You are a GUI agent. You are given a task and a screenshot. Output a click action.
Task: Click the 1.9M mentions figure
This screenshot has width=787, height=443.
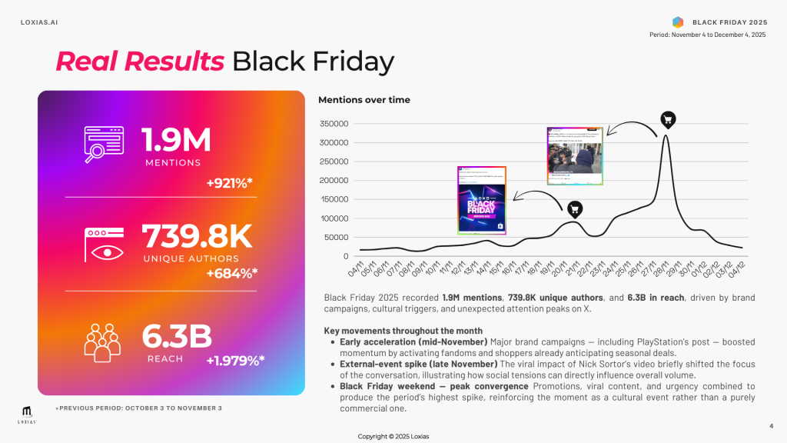176,139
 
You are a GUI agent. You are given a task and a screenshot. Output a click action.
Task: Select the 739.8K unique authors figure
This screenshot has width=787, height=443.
198,236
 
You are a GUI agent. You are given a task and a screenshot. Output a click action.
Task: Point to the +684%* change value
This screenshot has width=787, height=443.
231,272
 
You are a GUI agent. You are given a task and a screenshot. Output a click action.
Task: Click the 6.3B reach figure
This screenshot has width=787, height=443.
177,336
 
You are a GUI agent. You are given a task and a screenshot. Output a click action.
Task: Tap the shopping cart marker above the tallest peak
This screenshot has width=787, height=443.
668,119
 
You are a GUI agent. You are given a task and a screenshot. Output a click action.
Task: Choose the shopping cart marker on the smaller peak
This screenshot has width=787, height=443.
574,208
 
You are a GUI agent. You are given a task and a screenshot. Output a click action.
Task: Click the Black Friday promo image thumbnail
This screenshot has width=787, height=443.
482,200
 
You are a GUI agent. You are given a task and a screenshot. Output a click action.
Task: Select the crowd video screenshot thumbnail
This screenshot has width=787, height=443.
574,156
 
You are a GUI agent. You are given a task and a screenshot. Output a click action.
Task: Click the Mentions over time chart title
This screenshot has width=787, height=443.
364,100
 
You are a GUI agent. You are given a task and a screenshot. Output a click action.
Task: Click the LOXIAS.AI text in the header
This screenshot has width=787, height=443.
38,22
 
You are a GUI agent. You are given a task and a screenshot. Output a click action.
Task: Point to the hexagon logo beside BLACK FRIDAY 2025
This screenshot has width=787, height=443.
677,22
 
